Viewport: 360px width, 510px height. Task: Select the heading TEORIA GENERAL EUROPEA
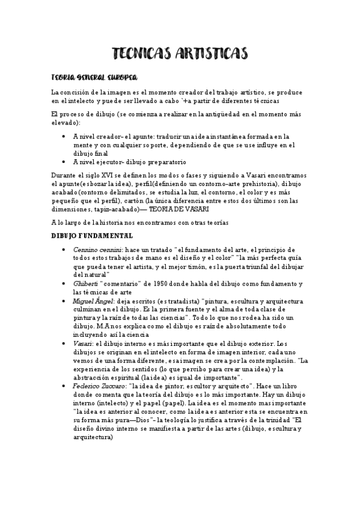pos(94,78)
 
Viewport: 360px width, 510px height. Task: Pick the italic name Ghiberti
pos(86,283)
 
